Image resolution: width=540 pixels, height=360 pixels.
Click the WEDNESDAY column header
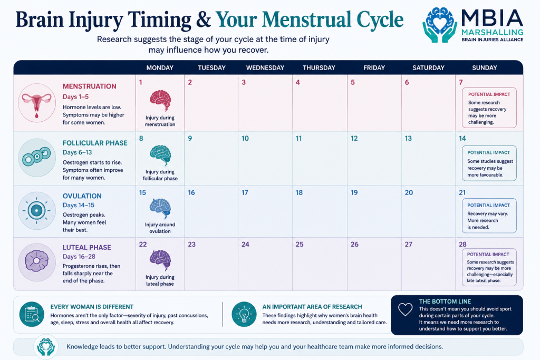tap(265, 68)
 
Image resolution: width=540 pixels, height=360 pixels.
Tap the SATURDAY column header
tap(428, 68)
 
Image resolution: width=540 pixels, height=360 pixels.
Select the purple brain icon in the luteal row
tap(160, 260)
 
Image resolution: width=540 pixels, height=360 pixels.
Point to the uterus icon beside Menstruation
tap(37, 103)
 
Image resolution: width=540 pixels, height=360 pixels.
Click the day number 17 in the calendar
tap(245, 193)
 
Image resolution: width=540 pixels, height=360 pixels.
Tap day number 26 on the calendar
tap(354, 245)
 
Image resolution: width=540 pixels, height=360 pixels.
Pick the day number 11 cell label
tap(298, 138)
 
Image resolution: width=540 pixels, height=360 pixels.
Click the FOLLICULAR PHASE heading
tap(95, 143)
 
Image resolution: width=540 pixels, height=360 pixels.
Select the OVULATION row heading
tap(82, 196)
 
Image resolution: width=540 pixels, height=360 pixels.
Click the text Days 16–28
tap(79, 257)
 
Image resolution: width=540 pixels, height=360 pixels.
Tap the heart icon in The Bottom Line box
tap(406, 309)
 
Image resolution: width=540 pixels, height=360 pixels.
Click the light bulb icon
tap(244, 314)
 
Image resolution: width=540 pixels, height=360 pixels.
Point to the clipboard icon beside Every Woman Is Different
tap(32, 314)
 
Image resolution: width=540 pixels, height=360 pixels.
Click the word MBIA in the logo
tap(492, 18)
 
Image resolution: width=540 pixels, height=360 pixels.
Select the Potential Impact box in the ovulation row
tap(489, 216)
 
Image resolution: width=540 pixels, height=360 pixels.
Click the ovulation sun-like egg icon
tap(37, 210)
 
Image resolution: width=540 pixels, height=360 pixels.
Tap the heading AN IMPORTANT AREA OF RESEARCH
tap(312, 307)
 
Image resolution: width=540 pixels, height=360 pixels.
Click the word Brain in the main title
tap(40, 20)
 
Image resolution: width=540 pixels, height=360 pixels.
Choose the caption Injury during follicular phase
tap(160, 175)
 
